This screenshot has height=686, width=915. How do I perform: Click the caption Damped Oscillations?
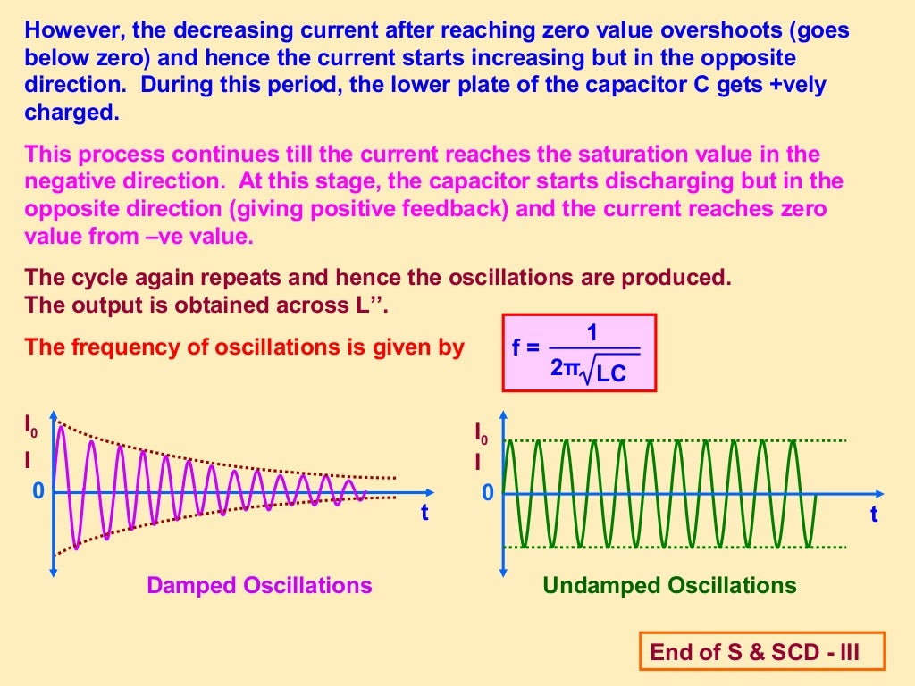pyautogui.click(x=259, y=586)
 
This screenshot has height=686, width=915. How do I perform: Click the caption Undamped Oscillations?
pyautogui.click(x=669, y=586)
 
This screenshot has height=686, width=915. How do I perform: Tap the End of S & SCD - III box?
pyautogui.click(x=762, y=652)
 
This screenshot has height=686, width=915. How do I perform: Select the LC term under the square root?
pyautogui.click(x=611, y=374)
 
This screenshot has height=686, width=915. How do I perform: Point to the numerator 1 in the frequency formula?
pyautogui.click(x=592, y=333)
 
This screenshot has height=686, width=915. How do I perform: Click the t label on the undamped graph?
pyautogui.click(x=874, y=514)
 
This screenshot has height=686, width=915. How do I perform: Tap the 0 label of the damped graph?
pyautogui.click(x=38, y=491)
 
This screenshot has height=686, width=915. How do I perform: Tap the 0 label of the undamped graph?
pyautogui.click(x=488, y=493)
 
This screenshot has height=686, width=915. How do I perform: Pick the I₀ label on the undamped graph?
pyautogui.click(x=482, y=434)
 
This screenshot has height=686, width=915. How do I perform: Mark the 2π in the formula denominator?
pyautogui.click(x=566, y=368)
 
